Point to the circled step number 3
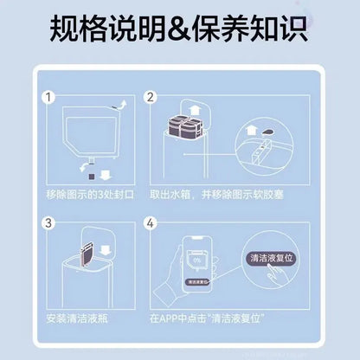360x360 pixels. (50, 225)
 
